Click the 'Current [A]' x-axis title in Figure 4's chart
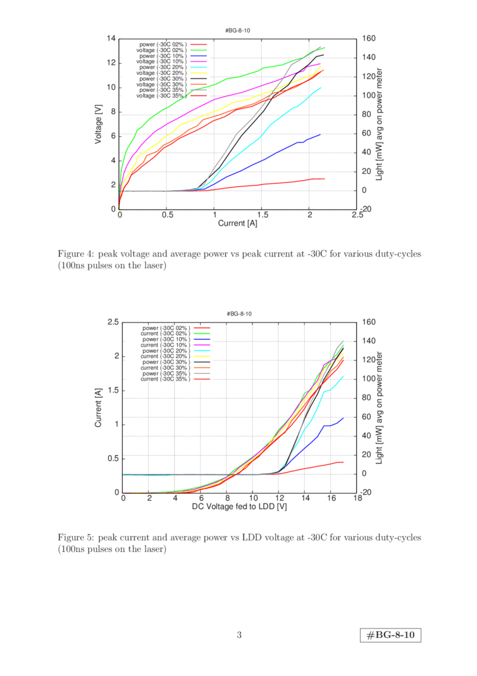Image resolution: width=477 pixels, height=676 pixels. tap(237, 223)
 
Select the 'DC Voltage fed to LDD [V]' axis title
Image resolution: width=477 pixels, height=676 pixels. tap(239, 506)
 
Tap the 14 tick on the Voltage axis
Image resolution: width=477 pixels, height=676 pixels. tap(112, 39)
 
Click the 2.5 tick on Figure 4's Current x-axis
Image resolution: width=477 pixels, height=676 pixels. tap(357, 215)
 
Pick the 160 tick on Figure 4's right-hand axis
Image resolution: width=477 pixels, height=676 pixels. tap(368, 39)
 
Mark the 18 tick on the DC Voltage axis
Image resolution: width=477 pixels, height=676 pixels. tap(357, 499)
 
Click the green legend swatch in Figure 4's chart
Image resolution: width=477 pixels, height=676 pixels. tap(199, 49)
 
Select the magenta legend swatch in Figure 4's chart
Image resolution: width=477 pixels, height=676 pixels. tap(199, 61)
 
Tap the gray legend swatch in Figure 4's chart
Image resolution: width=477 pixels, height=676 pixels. tap(199, 89)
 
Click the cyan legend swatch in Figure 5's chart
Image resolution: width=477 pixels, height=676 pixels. tap(202, 350)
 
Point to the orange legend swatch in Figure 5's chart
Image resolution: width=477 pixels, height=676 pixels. tap(202, 367)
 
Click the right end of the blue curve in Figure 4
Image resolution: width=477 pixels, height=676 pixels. tap(321, 134)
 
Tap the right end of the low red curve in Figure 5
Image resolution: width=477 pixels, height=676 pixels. tap(343, 462)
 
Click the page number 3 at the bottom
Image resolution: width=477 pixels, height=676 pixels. tap(239, 635)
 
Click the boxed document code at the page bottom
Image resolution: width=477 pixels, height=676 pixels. tap(390, 635)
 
